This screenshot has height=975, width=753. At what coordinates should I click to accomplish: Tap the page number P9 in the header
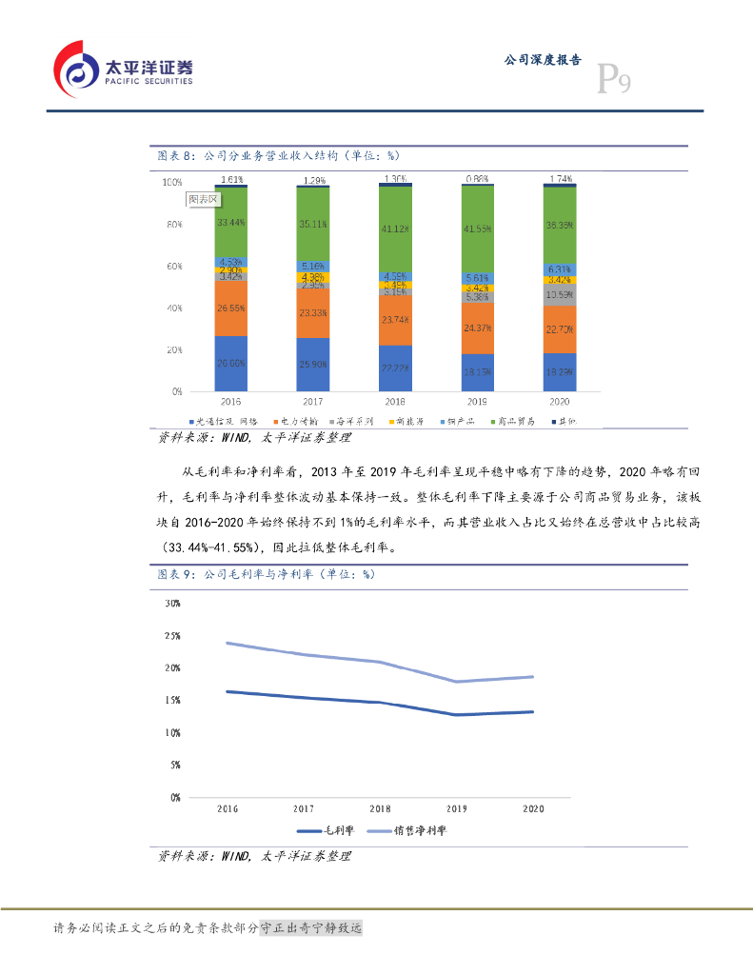point(613,80)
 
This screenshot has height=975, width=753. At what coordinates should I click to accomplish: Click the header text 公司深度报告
point(542,59)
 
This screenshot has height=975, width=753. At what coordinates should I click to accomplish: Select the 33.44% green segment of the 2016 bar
point(230,223)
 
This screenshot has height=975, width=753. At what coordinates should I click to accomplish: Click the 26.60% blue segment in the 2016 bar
point(230,363)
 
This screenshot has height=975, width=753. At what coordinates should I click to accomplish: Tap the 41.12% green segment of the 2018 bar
point(395,229)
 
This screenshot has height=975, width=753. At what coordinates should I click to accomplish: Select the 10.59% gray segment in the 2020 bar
point(560,294)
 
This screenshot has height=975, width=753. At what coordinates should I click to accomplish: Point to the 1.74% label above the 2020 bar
point(561,179)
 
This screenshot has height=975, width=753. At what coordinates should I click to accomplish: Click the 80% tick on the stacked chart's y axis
point(171,225)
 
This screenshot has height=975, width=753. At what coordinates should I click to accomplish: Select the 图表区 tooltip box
point(203,199)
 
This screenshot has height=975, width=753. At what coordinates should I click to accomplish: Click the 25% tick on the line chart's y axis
point(172,635)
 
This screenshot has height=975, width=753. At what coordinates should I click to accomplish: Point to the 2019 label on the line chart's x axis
point(457,808)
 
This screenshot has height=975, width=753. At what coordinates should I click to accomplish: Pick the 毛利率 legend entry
point(333,830)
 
